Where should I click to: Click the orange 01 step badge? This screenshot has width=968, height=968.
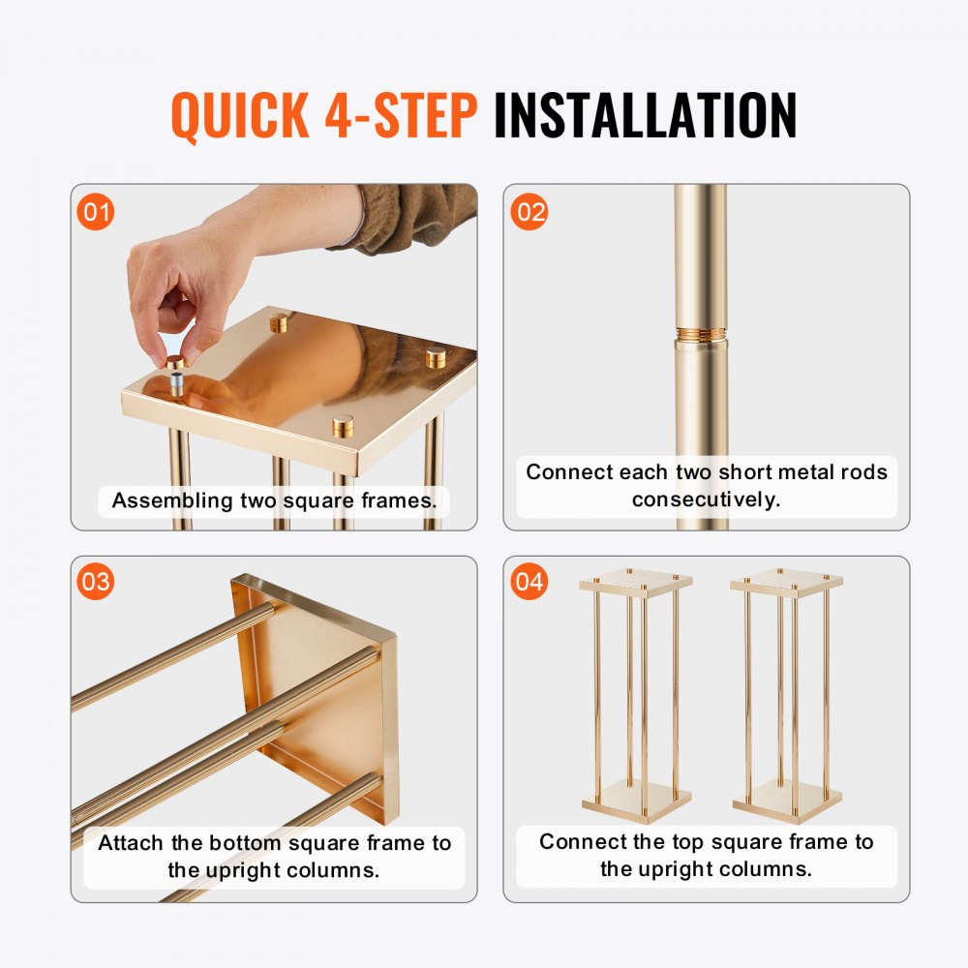tap(96, 212)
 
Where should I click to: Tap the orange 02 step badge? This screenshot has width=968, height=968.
tap(529, 212)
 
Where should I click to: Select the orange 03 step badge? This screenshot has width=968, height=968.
tap(96, 583)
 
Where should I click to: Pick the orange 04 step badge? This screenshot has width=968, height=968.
tap(529, 583)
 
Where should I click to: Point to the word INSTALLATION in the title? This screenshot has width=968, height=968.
tap(645, 116)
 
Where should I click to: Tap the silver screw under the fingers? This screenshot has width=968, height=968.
tap(177, 381)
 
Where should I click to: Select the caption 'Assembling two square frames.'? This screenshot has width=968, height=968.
tap(274, 500)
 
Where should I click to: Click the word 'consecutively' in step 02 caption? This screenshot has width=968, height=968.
tap(706, 499)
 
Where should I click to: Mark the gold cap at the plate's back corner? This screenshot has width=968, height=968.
tap(280, 321)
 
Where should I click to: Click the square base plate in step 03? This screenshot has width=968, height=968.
tap(319, 697)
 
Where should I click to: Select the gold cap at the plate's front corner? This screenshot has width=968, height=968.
tap(344, 426)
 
